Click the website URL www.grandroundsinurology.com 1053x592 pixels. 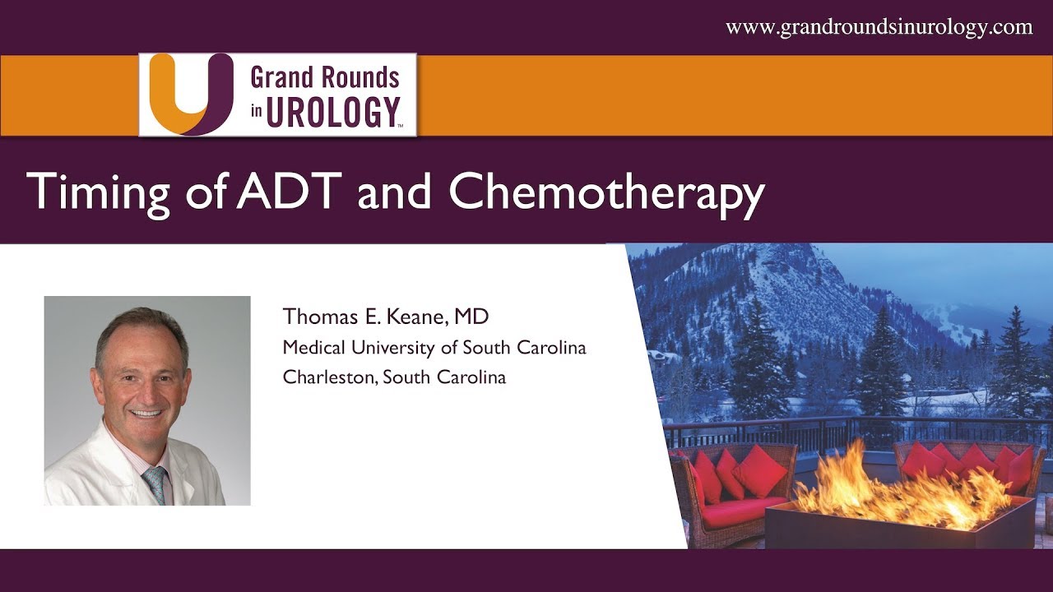(879, 27)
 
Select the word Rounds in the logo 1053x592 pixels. (360, 77)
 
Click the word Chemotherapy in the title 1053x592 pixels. (606, 193)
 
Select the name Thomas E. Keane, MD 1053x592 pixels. (386, 317)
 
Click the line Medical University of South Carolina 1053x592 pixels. (434, 347)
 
